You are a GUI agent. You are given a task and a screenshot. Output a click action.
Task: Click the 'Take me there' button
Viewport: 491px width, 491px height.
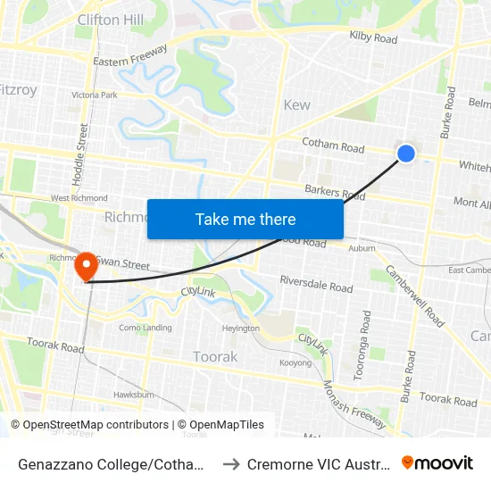245,219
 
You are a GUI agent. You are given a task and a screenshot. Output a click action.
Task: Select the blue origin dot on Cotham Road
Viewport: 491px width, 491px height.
405,154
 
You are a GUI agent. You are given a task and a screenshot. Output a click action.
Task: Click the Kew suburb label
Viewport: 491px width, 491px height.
296,105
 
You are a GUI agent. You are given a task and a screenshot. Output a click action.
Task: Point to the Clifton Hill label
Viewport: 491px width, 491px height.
111,19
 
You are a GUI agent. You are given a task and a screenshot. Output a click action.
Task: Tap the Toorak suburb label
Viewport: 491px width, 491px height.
215,356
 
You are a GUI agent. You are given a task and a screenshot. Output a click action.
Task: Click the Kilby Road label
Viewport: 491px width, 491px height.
373,38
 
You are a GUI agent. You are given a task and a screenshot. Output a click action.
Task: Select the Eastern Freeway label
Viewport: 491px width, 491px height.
130,55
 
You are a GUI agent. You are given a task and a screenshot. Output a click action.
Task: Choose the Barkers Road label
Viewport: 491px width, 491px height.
335,192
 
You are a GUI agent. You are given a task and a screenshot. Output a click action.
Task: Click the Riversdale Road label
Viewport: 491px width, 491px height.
315,287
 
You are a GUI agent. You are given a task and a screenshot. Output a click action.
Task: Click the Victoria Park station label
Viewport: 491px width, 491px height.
95,95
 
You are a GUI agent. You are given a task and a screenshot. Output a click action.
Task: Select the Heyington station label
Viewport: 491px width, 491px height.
240,329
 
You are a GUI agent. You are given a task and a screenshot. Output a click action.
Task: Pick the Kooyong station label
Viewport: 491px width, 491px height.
295,363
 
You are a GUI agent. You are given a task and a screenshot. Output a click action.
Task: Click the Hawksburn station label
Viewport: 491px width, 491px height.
135,394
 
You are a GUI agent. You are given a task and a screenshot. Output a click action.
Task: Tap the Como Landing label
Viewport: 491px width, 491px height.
145,328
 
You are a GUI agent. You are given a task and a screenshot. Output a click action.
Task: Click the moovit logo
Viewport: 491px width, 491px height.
437,462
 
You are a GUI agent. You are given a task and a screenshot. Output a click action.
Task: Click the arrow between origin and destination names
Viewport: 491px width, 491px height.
229,463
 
